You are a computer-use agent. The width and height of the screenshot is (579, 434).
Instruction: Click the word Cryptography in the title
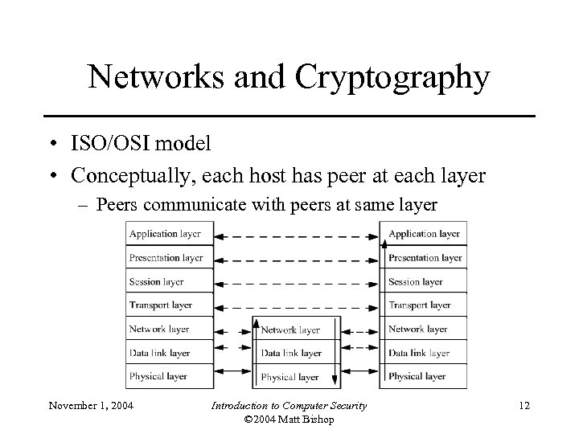[x=392, y=78]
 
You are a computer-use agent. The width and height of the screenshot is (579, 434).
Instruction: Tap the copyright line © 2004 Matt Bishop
[x=289, y=420]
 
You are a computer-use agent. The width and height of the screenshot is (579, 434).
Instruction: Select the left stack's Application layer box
[x=170, y=234]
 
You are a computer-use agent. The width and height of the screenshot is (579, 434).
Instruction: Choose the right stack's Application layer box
[x=424, y=234]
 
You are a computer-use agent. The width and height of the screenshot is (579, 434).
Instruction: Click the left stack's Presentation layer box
[x=170, y=258]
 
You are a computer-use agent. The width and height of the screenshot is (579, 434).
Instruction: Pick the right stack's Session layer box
[x=424, y=282]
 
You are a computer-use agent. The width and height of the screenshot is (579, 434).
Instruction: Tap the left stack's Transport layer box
[x=170, y=305]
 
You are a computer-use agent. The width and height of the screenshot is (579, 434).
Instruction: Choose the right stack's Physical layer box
[x=424, y=376]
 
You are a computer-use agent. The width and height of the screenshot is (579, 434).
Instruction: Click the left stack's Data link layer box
[x=170, y=353]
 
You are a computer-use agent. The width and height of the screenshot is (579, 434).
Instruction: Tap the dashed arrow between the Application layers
[x=297, y=236]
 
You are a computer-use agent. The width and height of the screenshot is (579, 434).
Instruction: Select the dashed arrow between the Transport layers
[x=297, y=307]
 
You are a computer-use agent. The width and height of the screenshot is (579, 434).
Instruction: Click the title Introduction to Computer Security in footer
[x=289, y=405]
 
